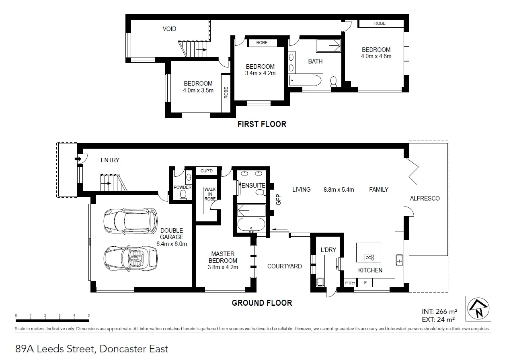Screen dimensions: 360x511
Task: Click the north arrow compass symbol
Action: pos(478,309)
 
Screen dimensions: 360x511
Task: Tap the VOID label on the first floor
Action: pos(169,29)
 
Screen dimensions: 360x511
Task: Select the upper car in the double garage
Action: pos(130,221)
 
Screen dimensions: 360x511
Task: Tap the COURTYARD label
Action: pos(285,266)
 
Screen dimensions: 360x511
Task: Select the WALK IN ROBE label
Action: pos(210,194)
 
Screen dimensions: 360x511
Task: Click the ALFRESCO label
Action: pos(425,198)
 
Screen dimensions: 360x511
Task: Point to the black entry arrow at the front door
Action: pos(78,159)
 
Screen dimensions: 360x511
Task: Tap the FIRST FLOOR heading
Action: pos(262,124)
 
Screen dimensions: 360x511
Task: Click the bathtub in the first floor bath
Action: pos(306,80)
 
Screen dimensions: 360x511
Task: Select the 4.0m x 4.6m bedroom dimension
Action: pos(376,56)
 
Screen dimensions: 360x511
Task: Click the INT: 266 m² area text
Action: pos(439,311)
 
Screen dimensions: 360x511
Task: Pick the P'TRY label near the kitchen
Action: pos(350,283)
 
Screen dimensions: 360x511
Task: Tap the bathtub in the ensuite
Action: pos(251,225)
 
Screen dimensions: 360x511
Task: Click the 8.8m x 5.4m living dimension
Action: pos(339,190)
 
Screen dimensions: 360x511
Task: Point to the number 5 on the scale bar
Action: pos(88,315)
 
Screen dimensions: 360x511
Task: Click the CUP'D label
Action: pos(206,171)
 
